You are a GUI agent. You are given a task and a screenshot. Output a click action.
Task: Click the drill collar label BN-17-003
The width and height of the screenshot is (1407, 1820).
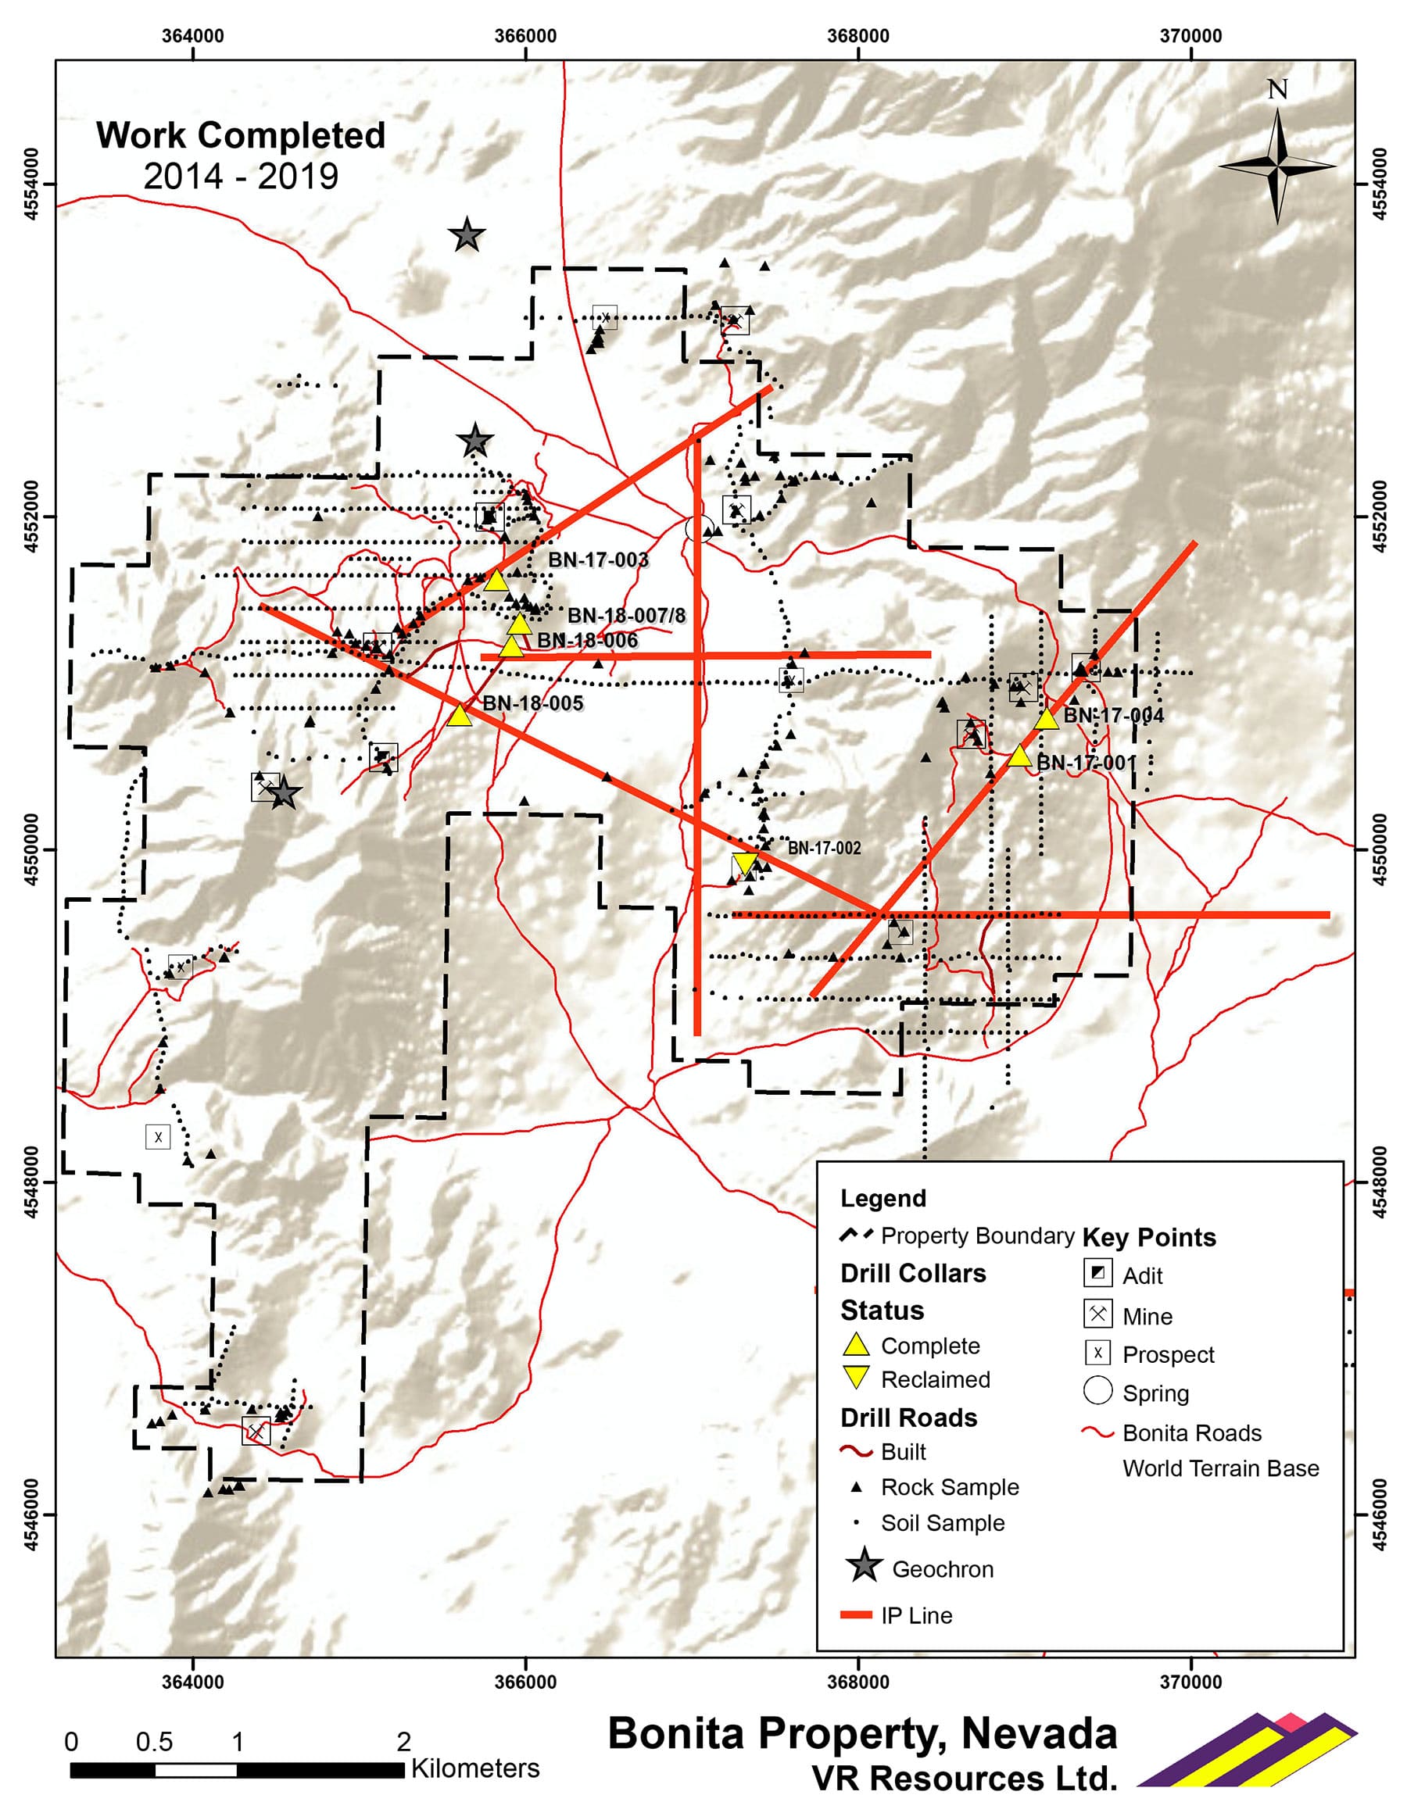598,560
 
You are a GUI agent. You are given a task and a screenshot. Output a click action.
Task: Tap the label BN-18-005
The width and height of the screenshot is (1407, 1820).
532,703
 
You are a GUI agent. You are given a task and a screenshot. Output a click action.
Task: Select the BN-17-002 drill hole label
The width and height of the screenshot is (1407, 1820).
824,849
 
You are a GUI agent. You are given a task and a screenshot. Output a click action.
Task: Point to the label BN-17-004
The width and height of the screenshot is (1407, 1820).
1113,715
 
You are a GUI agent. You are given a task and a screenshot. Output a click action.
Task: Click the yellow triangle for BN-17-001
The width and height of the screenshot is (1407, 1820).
1019,756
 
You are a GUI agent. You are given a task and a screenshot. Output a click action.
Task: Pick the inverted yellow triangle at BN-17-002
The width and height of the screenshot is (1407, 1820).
743,864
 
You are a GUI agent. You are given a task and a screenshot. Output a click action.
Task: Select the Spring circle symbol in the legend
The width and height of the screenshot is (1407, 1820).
1097,1391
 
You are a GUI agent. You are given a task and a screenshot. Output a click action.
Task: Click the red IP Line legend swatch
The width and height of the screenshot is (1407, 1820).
855,1615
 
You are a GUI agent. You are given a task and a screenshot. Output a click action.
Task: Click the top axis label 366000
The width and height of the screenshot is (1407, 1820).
525,36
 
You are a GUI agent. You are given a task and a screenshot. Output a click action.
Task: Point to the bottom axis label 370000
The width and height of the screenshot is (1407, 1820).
1190,1682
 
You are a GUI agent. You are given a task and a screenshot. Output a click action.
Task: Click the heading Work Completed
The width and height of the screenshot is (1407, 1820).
241,136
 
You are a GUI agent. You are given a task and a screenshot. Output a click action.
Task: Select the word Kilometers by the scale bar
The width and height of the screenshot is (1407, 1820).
475,1768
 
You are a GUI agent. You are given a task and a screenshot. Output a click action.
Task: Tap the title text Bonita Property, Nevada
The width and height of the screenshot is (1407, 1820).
862,1733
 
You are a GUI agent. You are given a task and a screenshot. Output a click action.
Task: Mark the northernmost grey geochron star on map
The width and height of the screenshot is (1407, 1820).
467,236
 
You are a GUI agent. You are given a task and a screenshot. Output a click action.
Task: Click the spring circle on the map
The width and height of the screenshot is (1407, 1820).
699,527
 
